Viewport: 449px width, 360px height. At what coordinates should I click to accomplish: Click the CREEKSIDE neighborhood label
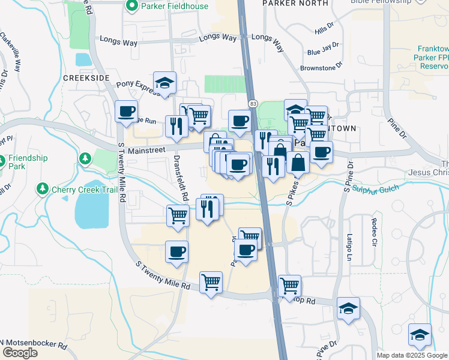(86, 79)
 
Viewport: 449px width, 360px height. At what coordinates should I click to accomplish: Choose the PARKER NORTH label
(295, 3)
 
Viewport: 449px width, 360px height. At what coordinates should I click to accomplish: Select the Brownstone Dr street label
(322, 63)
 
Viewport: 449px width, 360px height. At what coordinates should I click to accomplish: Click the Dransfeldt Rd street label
(182, 178)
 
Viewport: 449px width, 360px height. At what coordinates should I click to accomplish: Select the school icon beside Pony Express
(164, 84)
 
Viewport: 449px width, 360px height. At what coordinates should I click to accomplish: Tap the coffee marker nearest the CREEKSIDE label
(127, 112)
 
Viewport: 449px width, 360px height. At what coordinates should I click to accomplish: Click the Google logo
(20, 353)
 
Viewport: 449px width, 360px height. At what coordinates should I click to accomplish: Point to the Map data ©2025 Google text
(412, 355)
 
